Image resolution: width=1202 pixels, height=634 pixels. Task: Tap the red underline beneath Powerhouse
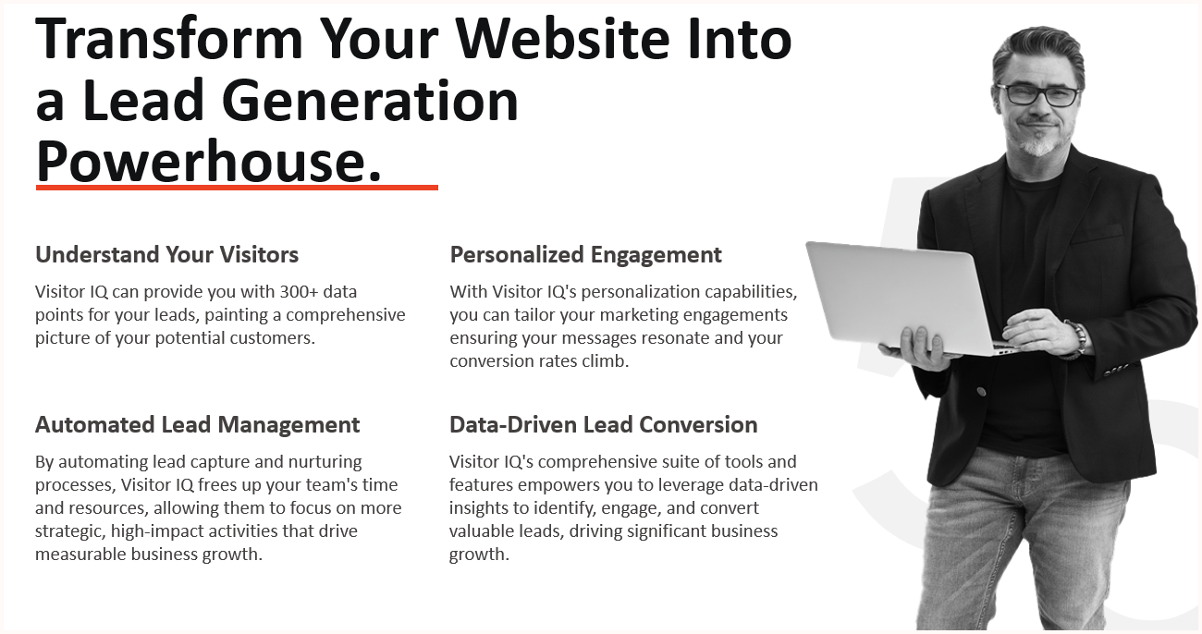tap(237, 188)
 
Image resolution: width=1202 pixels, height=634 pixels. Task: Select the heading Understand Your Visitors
tap(166, 254)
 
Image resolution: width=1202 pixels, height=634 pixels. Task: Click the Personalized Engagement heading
tap(585, 255)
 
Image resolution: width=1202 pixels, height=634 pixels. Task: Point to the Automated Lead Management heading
tap(198, 424)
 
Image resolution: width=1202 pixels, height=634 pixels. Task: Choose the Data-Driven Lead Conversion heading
tap(604, 424)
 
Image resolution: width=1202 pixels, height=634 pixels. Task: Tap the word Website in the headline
tap(563, 39)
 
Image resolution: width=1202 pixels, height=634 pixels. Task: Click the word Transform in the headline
tap(169, 39)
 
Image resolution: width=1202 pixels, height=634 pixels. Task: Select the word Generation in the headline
tap(370, 101)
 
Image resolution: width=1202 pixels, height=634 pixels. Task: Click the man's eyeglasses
tap(1037, 95)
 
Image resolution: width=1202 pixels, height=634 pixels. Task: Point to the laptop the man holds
tap(907, 298)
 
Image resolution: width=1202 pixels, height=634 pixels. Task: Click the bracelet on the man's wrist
tap(1076, 339)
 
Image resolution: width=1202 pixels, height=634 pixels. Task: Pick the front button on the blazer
tap(981, 392)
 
